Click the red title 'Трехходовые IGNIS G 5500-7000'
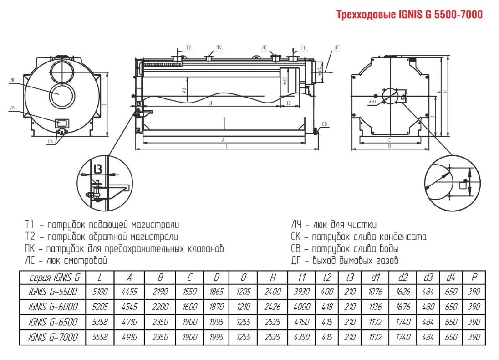pyautogui.click(x=409, y=15)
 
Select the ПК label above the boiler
pyautogui.click(x=219, y=47)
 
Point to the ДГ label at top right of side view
pyautogui.click(x=337, y=47)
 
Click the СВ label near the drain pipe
pyautogui.click(x=324, y=124)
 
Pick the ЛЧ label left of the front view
pyautogui.click(x=12, y=108)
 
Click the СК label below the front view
pyautogui.click(x=51, y=141)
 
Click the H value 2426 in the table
pyautogui.click(x=272, y=307)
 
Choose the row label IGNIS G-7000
pyautogui.click(x=53, y=337)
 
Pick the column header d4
pyautogui.click(x=451, y=277)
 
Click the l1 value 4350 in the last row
pyautogui.click(x=302, y=337)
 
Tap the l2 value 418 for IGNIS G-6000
pyautogui.click(x=327, y=307)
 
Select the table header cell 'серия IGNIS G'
pyautogui.click(x=53, y=277)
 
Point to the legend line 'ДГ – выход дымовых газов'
pyautogui.click(x=345, y=261)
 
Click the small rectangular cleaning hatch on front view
pyautogui.click(x=61, y=123)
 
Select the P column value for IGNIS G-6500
pyautogui.click(x=474, y=322)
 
